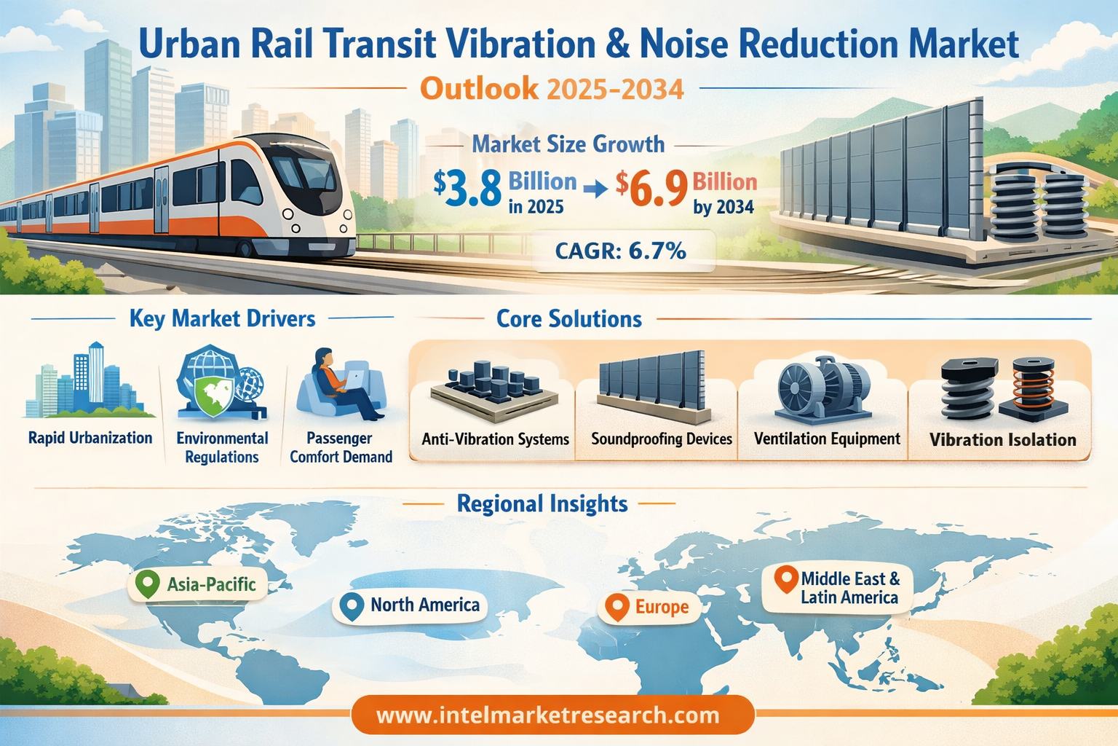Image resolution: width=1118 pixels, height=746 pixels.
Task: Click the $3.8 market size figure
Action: click(x=468, y=188)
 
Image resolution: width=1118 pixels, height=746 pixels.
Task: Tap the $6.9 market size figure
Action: click(x=652, y=188)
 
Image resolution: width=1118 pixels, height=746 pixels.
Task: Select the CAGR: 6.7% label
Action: click(x=620, y=251)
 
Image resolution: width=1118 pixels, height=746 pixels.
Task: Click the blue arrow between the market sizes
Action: click(x=595, y=189)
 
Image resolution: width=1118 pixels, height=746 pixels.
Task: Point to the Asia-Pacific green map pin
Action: click(x=148, y=584)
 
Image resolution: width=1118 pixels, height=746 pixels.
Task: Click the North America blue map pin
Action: click(x=352, y=605)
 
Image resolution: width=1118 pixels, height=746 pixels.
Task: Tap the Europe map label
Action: click(x=661, y=607)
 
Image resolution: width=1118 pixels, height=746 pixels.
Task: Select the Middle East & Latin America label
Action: click(x=849, y=588)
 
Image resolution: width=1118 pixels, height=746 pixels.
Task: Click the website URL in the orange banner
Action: click(x=547, y=715)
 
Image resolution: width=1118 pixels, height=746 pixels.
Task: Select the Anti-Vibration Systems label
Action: click(x=495, y=439)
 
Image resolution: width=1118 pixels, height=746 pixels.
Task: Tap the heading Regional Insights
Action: click(x=542, y=503)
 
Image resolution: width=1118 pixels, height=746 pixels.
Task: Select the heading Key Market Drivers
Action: click(x=222, y=318)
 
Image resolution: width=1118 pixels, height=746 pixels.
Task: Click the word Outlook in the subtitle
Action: click(x=479, y=89)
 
